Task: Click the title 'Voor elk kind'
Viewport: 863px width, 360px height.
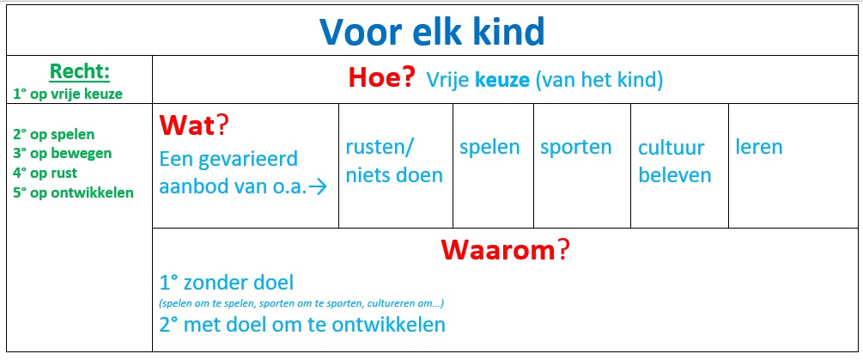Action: tap(432, 32)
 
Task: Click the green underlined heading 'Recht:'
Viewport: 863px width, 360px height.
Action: tap(79, 71)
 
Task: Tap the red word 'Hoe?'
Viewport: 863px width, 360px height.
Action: tap(381, 79)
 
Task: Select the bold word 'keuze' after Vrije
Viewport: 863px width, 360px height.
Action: tap(501, 81)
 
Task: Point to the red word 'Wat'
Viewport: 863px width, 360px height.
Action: tap(187, 126)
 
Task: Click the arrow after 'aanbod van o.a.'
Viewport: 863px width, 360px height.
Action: tap(318, 187)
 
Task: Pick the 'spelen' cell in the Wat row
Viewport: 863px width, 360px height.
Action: tap(493, 166)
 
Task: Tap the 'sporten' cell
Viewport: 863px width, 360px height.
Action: tap(582, 166)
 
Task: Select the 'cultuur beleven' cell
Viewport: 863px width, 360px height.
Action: tap(680, 166)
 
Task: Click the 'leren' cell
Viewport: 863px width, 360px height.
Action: tap(793, 166)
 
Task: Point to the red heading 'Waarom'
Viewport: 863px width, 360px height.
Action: tap(505, 251)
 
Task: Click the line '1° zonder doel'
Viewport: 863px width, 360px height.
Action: tap(226, 283)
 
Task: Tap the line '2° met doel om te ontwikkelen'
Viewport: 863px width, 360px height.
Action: tap(301, 324)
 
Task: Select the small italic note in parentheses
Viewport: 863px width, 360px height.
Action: tap(301, 303)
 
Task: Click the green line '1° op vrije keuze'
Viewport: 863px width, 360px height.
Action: tap(68, 95)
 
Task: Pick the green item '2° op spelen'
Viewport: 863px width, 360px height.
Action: tap(53, 134)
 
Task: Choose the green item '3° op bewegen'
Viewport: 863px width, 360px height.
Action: tap(62, 153)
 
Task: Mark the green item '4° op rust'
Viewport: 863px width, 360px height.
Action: tap(45, 173)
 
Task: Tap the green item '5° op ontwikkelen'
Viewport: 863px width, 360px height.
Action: tap(73, 192)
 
